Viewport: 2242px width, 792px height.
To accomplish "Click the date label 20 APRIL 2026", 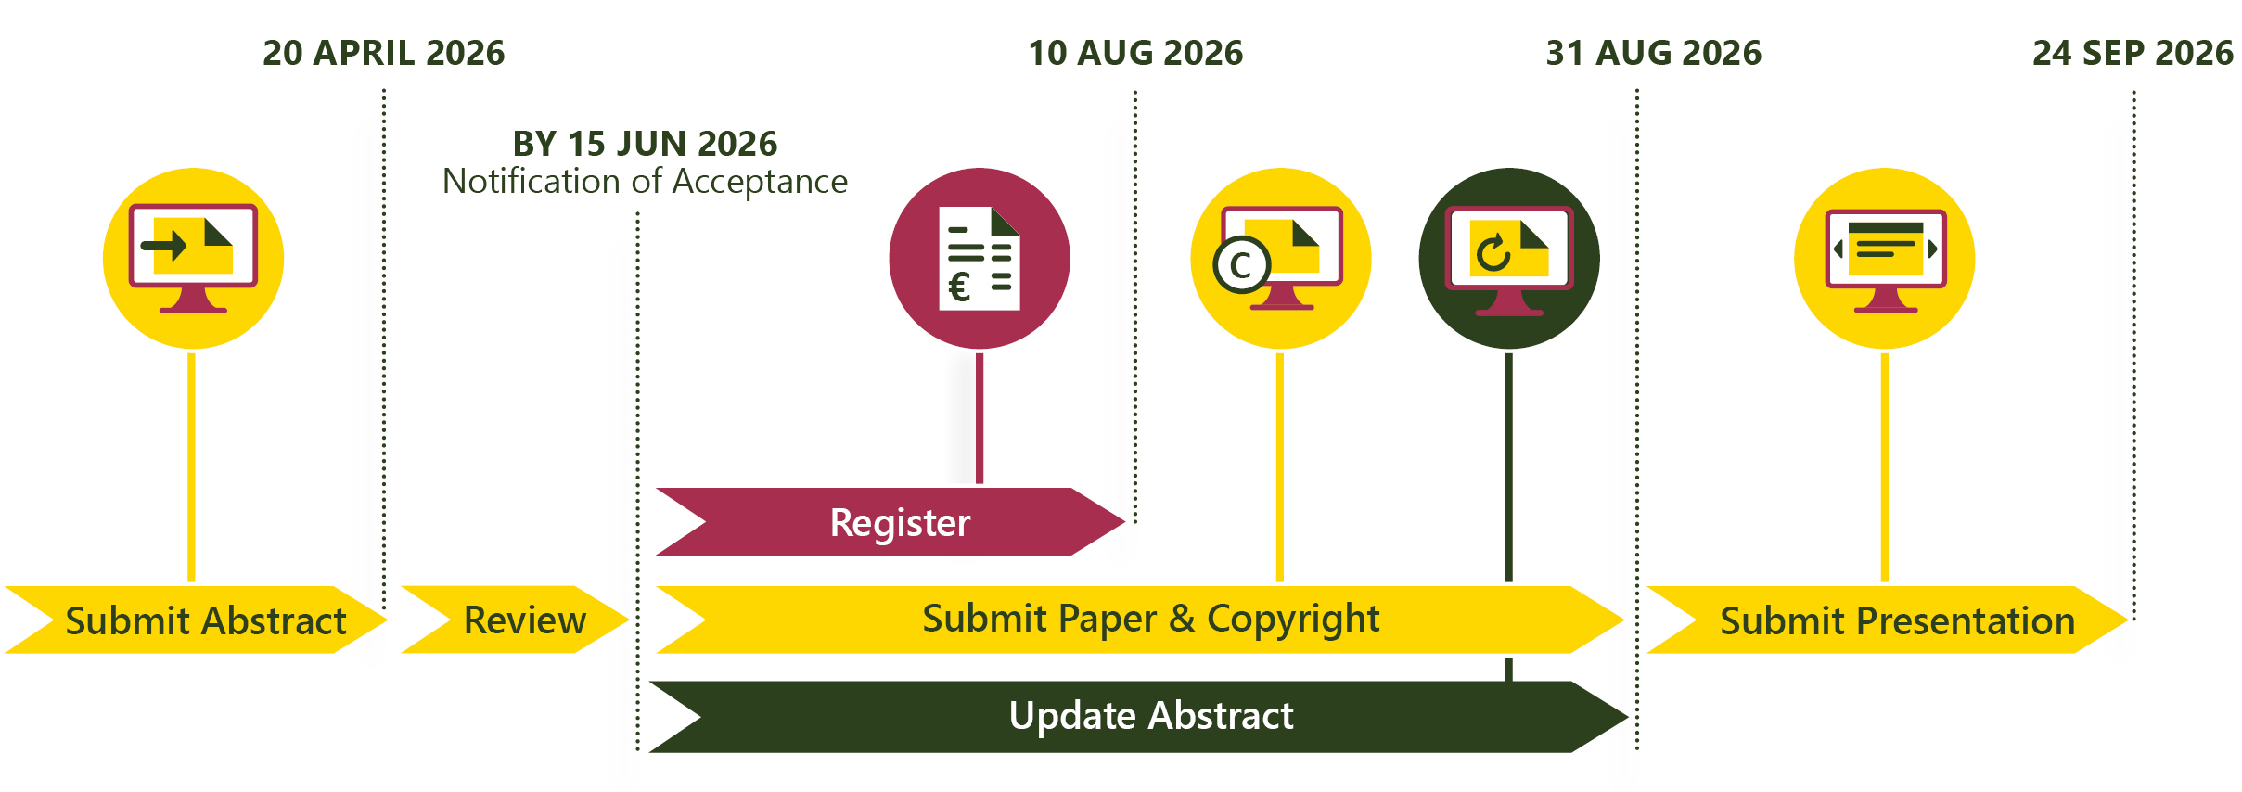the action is (384, 53).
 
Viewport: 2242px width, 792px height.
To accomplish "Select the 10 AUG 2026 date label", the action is (1135, 53).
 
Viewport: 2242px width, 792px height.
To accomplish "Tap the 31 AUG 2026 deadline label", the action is (1654, 53).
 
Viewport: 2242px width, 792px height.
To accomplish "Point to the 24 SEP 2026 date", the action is (2133, 53).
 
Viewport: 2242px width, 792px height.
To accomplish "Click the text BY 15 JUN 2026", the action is (646, 144).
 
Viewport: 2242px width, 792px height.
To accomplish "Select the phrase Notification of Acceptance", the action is (646, 181).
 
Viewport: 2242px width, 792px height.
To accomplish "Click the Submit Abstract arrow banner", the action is (196, 620).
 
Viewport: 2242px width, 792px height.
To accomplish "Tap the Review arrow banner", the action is (516, 620).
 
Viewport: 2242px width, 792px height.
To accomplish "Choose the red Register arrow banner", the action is (890, 521).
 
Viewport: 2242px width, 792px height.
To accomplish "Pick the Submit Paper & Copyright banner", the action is (1140, 620).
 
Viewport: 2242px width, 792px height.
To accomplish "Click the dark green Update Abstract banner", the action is (1138, 716).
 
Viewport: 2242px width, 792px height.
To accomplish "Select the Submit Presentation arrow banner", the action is (1888, 620).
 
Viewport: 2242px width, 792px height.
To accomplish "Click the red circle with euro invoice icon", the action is (980, 259).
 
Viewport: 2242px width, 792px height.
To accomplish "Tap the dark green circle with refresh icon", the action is (1509, 259).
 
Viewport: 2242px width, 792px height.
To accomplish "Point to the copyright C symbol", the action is (1241, 265).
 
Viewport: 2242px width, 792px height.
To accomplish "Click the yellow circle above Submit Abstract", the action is (193, 259).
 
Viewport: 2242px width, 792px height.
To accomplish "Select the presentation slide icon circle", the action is (1885, 259).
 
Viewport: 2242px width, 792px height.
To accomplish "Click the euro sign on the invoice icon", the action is (960, 287).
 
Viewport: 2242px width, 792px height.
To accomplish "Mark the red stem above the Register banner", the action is (980, 418).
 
